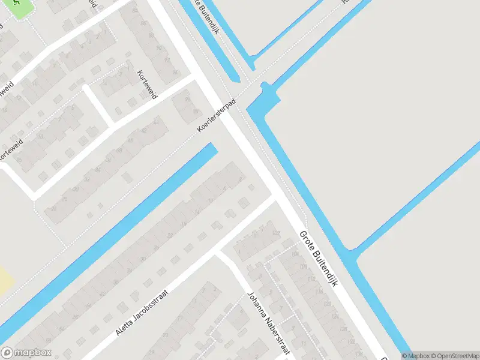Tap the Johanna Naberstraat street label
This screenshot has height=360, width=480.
pyautogui.click(x=268, y=323)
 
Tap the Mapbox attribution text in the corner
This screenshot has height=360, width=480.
pyautogui.click(x=416, y=355)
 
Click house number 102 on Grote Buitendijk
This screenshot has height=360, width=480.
pyautogui.click(x=276, y=233)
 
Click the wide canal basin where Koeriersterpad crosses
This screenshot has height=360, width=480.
pyautogui.click(x=262, y=102)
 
